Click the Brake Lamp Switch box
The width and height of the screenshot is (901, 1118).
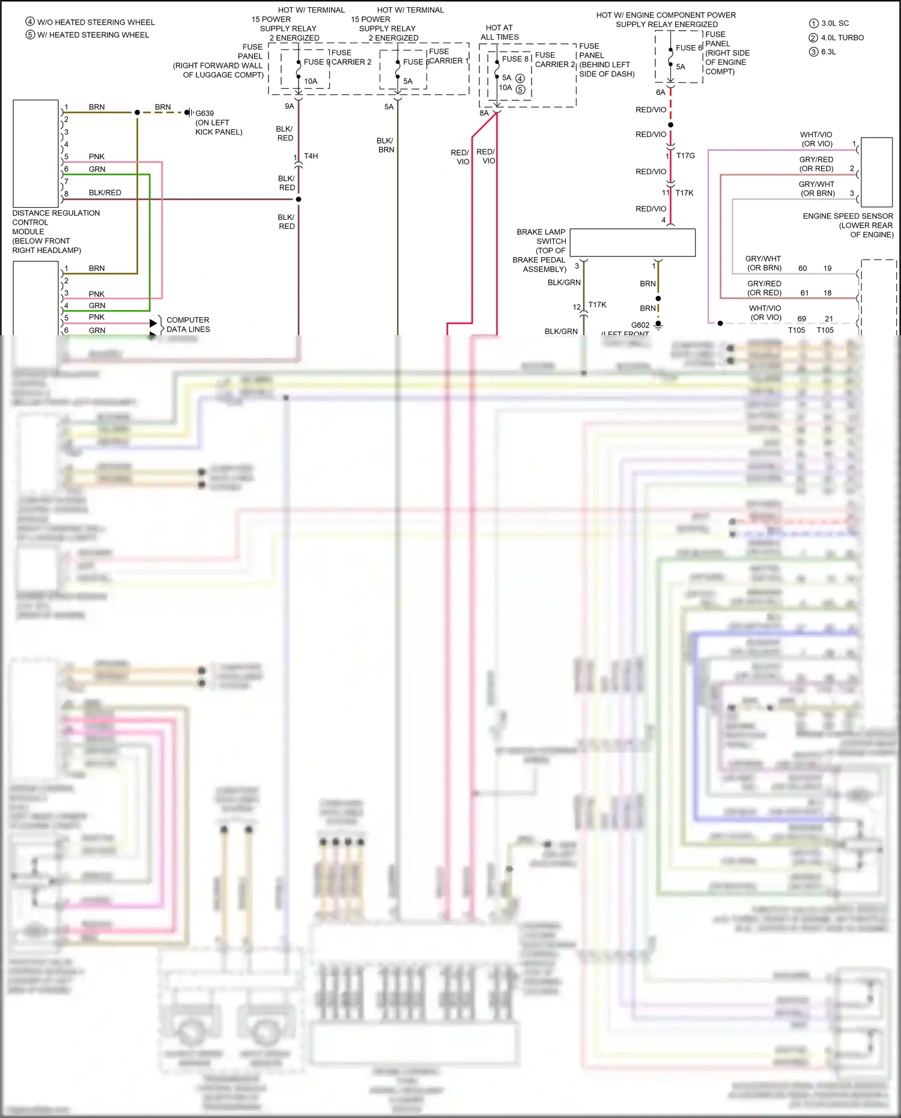[632, 242]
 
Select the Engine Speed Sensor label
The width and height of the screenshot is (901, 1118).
[848, 225]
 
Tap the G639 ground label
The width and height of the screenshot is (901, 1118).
[204, 113]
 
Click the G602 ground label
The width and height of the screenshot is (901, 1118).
[640, 325]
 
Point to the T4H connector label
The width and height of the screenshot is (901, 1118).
[311, 156]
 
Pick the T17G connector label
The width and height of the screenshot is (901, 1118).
[685, 156]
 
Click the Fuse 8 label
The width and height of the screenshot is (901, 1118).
[515, 59]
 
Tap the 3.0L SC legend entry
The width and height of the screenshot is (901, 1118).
[834, 23]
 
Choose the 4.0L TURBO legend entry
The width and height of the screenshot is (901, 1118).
[842, 37]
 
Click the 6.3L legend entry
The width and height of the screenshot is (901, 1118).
[828, 52]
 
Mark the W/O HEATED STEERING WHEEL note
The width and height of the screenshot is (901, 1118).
[96, 22]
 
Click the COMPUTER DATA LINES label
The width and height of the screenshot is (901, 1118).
[188, 324]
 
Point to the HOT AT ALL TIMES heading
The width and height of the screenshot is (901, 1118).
[499, 32]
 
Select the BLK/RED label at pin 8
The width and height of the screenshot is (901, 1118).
[105, 193]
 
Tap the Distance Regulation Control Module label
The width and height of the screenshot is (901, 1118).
[55, 231]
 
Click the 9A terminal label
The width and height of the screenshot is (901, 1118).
[289, 106]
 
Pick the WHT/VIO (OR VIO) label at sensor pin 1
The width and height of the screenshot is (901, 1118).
[816, 139]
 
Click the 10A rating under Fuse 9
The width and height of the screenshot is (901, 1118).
[311, 81]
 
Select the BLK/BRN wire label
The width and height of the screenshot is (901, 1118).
[385, 145]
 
